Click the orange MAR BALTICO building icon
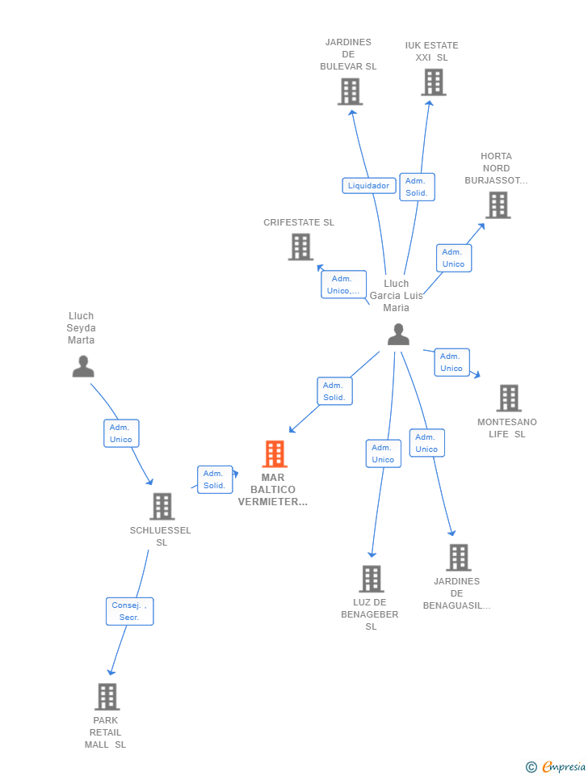point(275,453)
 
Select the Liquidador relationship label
point(369,186)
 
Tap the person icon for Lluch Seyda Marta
point(83,367)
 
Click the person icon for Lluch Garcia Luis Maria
point(398,335)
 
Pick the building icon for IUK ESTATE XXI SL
point(434,82)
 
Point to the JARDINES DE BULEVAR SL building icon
point(350,92)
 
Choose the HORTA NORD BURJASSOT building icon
point(498,205)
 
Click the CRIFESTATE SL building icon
point(300,247)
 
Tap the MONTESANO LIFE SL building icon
point(509,398)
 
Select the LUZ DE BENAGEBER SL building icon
point(372,579)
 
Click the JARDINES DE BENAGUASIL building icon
point(459,557)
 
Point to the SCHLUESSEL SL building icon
point(162,506)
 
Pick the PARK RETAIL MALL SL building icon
point(107,697)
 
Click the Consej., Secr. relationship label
point(129,611)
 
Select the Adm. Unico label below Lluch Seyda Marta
point(121,433)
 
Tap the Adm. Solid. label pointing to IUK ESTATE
point(417,187)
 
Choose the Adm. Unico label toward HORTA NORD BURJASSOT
point(453,259)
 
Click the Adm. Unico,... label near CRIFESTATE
point(344,285)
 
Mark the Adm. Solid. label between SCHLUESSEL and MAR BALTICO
point(215,479)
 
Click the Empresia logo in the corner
point(556,766)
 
